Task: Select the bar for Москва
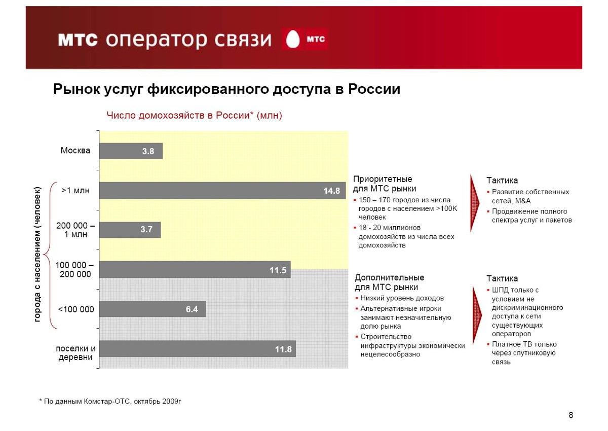[x=131, y=151]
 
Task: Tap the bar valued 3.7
[x=130, y=230]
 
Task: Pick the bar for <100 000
[x=153, y=309]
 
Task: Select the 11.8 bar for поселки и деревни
[x=197, y=349]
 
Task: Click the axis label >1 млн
[x=75, y=191]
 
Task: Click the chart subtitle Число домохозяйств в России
[x=194, y=116]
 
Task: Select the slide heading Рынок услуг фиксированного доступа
[x=227, y=90]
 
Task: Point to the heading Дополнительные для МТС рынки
[x=389, y=282]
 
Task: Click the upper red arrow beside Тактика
[x=475, y=203]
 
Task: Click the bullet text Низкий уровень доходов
[x=402, y=298]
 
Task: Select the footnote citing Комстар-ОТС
[x=110, y=402]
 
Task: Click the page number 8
[x=571, y=416]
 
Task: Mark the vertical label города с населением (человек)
[x=37, y=255]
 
